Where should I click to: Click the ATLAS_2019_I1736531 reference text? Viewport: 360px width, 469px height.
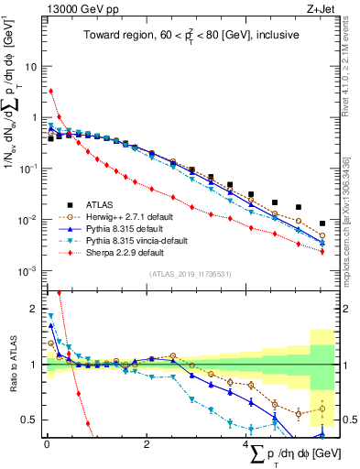(x=191, y=274)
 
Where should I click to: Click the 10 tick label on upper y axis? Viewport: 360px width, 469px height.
(x=30, y=67)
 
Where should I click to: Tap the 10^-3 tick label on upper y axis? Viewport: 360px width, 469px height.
(x=28, y=270)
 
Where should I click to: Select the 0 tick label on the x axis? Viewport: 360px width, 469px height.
(x=47, y=443)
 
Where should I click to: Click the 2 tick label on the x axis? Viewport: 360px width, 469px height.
(x=147, y=443)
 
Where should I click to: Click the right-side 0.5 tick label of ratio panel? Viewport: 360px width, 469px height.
(x=347, y=420)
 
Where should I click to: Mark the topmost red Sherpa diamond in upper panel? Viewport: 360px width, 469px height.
(x=51, y=91)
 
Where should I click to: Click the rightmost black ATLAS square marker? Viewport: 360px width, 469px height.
(x=322, y=224)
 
